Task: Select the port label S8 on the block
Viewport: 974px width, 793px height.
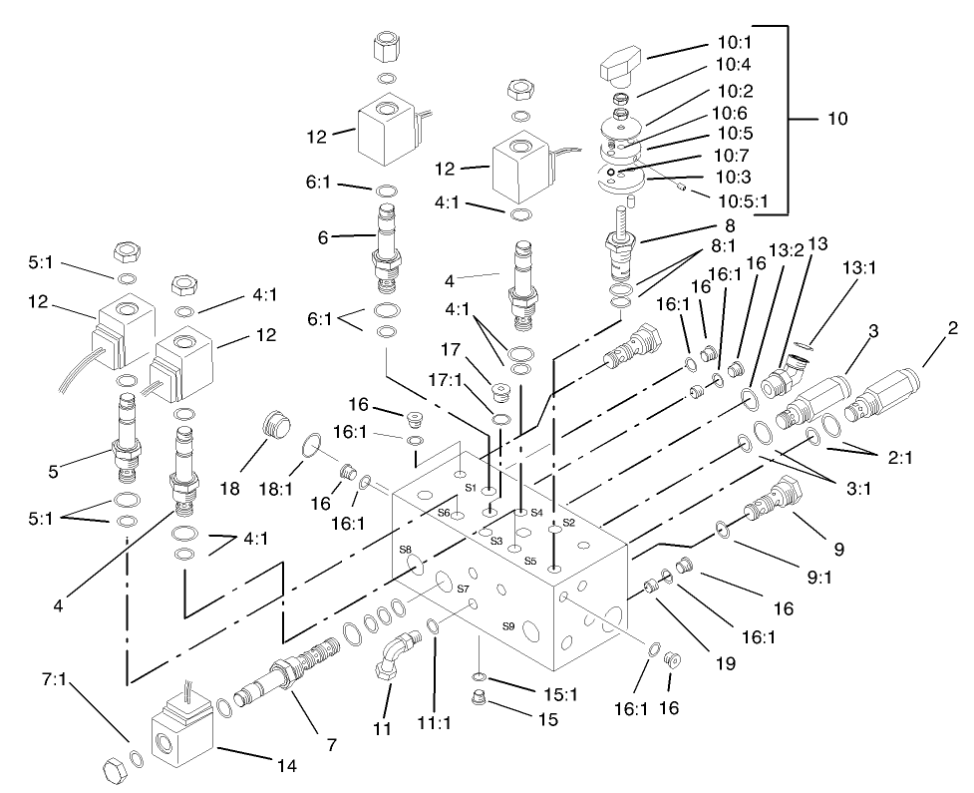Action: [406, 550]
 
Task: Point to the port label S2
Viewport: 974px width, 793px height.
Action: [569, 522]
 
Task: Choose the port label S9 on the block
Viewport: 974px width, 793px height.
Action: [508, 627]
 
